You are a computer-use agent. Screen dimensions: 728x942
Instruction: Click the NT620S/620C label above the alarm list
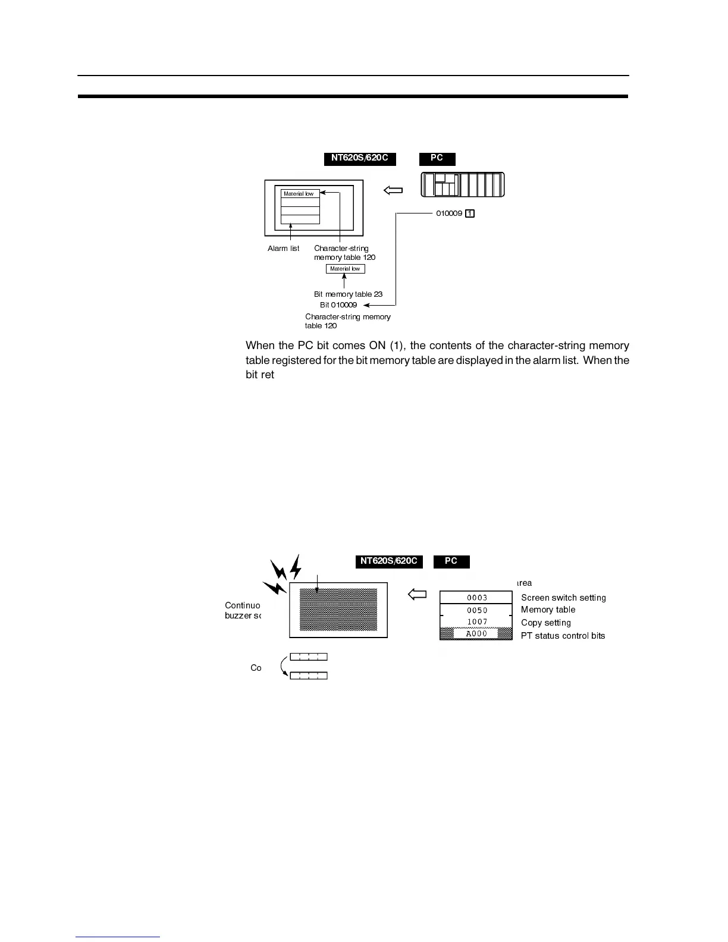360,159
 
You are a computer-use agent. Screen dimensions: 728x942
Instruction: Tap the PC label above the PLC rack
437,159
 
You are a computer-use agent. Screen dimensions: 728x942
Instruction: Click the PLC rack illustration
462,184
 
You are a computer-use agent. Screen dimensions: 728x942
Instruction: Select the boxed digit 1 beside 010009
470,213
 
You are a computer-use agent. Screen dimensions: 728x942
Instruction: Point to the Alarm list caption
283,249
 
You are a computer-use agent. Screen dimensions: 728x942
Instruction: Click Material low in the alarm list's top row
299,194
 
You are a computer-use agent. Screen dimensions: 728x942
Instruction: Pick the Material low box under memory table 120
345,269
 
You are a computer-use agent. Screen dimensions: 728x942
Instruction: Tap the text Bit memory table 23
348,294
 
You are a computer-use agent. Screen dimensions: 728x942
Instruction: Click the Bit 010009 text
338,305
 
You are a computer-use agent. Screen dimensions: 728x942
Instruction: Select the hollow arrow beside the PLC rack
393,191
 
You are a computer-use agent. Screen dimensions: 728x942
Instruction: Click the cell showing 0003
476,598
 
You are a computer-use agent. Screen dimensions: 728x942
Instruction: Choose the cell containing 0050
476,610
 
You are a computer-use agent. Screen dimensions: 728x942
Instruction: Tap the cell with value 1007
476,622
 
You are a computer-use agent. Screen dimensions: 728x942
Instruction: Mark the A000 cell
476,634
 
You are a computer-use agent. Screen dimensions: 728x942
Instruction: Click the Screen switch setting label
563,598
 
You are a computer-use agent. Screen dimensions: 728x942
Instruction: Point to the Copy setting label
545,623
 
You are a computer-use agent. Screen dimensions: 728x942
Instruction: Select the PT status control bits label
563,636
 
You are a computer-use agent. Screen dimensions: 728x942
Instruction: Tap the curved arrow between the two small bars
283,666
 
